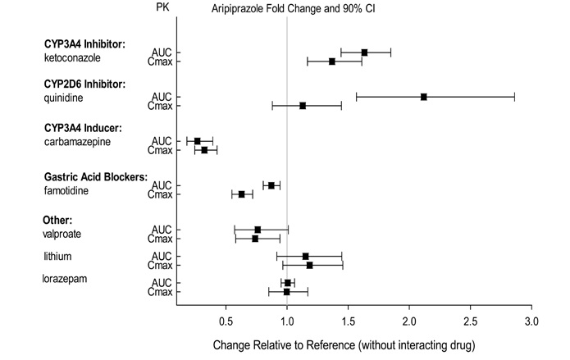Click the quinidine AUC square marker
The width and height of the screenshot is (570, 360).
424,97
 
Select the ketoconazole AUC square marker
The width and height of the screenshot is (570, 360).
364,52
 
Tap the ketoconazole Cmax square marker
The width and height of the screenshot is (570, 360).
332,62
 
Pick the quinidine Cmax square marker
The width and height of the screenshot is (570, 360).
303,106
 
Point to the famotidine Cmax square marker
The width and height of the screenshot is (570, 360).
242,194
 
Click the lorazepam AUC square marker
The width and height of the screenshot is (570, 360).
288,283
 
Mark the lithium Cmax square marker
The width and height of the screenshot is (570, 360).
309,265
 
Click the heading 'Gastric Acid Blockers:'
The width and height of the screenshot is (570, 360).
95,177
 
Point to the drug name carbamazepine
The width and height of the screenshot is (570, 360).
74,143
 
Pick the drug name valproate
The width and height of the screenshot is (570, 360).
62,234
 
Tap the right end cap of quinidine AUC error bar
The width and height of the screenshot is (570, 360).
514,97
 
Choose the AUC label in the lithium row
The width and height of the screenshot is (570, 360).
162,256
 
